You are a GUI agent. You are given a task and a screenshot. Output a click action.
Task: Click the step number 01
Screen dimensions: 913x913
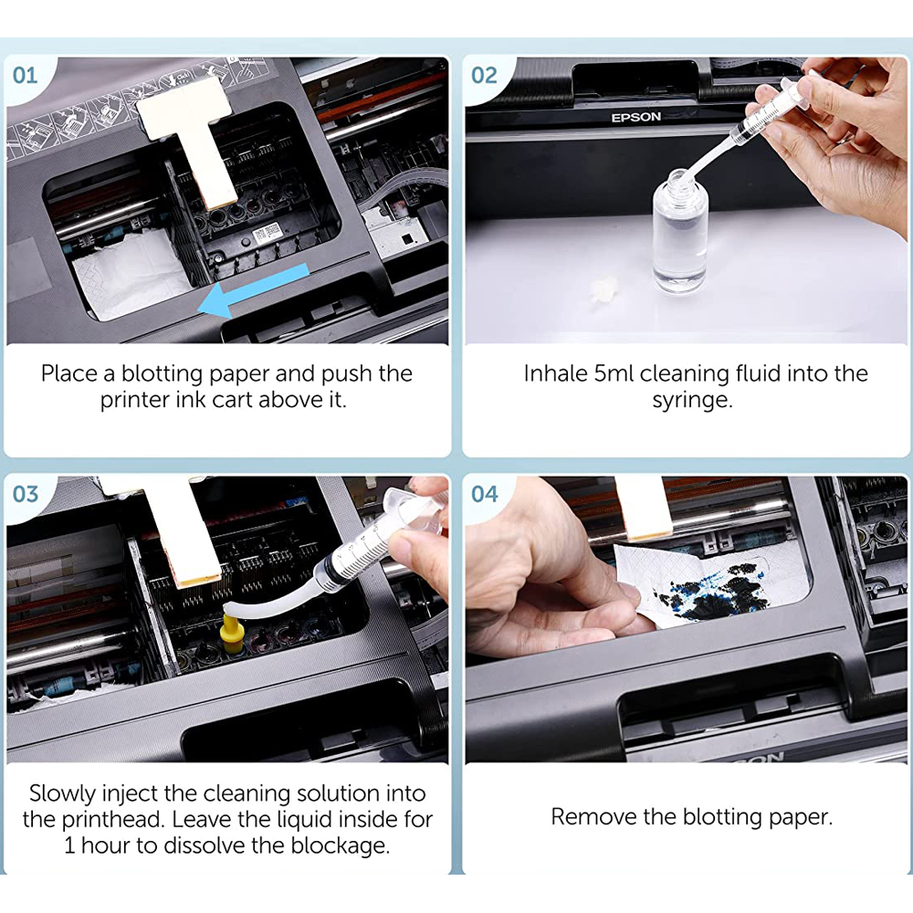click(x=25, y=75)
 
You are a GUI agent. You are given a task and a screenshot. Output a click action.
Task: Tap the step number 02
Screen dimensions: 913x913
click(x=484, y=75)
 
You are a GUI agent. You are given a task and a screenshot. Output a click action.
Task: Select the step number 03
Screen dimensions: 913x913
click(x=25, y=494)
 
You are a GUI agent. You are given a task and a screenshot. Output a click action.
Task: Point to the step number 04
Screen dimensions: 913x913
click(x=485, y=494)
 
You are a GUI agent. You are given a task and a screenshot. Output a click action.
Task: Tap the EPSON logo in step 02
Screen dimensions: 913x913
click(x=635, y=117)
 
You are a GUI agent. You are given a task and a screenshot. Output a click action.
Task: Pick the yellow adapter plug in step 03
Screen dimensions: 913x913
click(x=233, y=633)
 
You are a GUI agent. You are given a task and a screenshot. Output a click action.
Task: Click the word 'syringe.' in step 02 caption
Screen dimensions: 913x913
click(x=692, y=401)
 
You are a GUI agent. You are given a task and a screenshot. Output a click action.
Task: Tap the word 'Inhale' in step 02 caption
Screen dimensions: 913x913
click(x=555, y=373)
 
